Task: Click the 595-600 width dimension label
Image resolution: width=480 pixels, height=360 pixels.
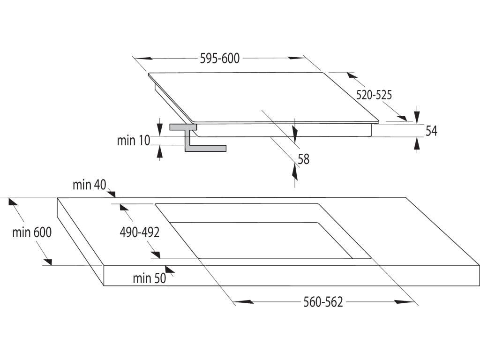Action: pyautogui.click(x=219, y=59)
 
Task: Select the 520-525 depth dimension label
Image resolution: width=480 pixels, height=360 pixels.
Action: pyautogui.click(x=374, y=95)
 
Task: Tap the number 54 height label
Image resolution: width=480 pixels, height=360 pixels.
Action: pyautogui.click(x=431, y=131)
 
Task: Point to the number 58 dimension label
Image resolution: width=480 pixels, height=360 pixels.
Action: pyautogui.click(x=304, y=159)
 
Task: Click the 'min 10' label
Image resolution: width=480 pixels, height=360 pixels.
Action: pyautogui.click(x=133, y=140)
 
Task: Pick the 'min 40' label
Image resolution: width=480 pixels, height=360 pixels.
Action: pyautogui.click(x=89, y=185)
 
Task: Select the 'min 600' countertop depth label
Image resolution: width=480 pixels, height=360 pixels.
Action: pyautogui.click(x=32, y=232)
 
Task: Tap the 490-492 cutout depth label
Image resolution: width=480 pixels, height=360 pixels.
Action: pyautogui.click(x=140, y=232)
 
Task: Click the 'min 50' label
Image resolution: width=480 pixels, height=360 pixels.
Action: pyautogui.click(x=149, y=279)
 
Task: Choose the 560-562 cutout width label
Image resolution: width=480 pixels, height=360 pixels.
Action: pyautogui.click(x=323, y=302)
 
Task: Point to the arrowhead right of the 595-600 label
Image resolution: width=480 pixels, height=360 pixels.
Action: pyautogui.click(x=296, y=59)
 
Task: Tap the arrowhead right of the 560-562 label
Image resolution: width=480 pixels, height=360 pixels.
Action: pyautogui.click(x=404, y=302)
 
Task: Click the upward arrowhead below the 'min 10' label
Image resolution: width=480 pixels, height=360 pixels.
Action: pyautogui.click(x=160, y=151)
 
